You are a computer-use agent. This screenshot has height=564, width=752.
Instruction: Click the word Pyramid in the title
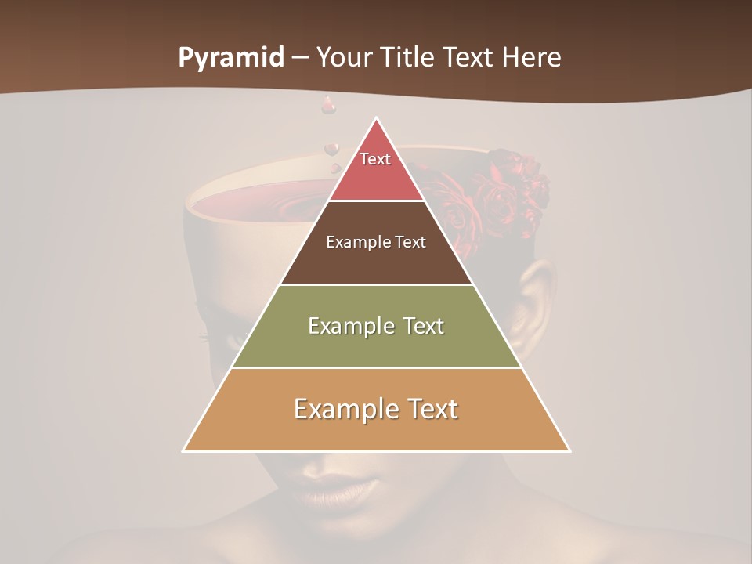(231, 58)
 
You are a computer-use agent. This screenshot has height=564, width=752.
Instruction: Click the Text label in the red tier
(375, 159)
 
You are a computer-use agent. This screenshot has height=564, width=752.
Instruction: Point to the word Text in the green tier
(418, 326)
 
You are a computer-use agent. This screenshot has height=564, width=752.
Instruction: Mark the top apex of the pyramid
(376, 118)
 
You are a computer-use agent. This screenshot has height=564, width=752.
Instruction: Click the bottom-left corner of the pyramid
(183, 450)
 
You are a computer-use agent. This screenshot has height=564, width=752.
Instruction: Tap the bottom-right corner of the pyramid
(569, 450)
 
